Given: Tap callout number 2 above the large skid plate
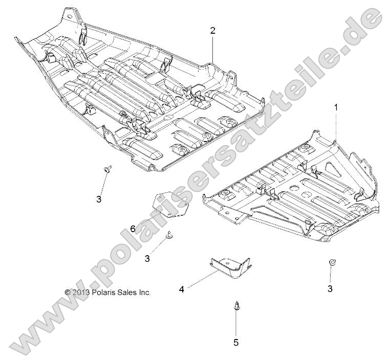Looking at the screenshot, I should coord(212,30).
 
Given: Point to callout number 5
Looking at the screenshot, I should coord(236,342).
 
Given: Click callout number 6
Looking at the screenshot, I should coord(133,229).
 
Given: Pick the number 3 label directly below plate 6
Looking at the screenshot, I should coord(147,259).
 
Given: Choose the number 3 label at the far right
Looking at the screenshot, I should coord(330,288).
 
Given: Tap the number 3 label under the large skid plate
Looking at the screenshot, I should coord(99,199).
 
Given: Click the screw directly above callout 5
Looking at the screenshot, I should coord(236,305).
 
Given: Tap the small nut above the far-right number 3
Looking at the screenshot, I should coord(332,262).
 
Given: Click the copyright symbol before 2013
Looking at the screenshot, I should coord(68,292).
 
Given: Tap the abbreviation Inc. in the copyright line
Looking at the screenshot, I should coord(145,292).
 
